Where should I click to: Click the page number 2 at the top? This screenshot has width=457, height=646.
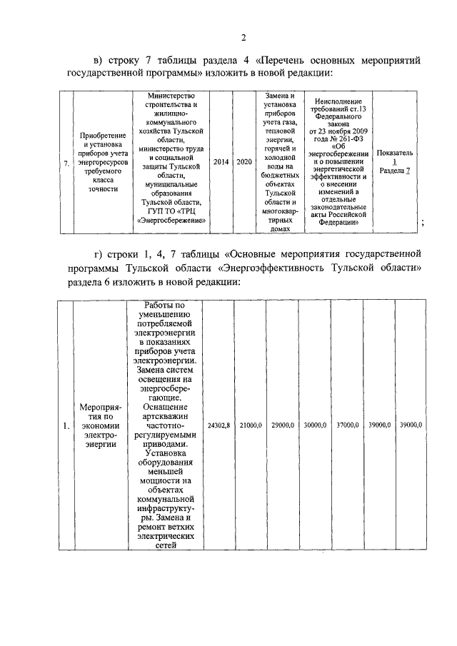point(243,39)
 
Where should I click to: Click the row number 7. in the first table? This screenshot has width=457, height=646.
point(66,163)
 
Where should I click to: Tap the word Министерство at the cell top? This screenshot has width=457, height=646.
point(170,96)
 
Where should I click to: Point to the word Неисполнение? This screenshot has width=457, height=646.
point(337,101)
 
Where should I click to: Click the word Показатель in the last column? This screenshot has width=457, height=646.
point(394,153)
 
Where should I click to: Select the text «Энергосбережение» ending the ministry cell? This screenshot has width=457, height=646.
point(171,221)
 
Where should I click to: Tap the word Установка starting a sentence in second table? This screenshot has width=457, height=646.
point(165,452)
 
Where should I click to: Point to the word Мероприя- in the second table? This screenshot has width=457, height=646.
point(99,408)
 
